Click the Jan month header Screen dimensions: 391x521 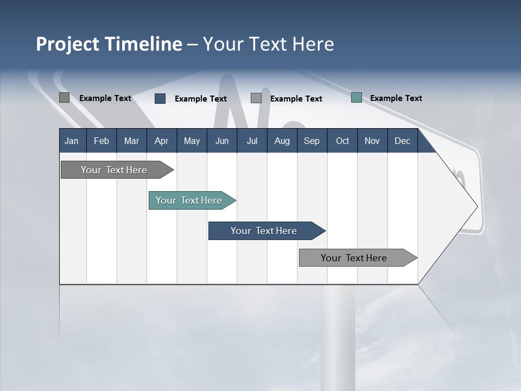click(x=72, y=141)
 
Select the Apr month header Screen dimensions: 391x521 click(x=161, y=141)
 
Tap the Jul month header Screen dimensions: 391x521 click(x=252, y=141)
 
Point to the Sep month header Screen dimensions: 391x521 click(x=312, y=141)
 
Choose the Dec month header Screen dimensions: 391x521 click(x=402, y=141)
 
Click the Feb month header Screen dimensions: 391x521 click(x=101, y=141)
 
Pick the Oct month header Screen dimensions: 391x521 click(x=342, y=141)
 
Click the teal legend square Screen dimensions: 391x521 click(x=357, y=98)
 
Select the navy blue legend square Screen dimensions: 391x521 click(x=160, y=98)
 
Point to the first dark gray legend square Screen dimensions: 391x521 click(x=64, y=98)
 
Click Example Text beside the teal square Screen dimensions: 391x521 click(x=396, y=98)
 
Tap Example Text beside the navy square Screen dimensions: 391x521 click(x=200, y=99)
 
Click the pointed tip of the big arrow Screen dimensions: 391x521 click(x=476, y=206)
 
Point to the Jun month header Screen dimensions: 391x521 click(x=222, y=141)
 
